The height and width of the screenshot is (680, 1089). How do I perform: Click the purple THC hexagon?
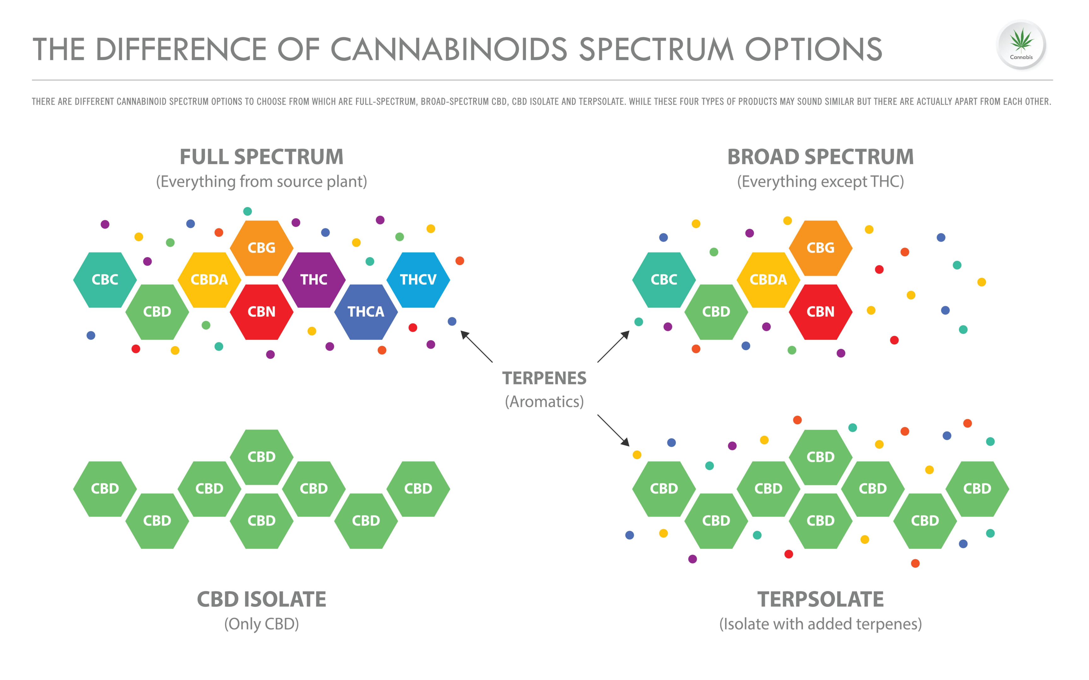click(x=314, y=280)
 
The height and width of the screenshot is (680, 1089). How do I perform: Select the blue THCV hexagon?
click(x=418, y=280)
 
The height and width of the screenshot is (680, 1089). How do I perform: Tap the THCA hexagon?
click(x=366, y=312)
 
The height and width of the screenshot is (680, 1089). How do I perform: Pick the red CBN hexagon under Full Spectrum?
click(x=262, y=312)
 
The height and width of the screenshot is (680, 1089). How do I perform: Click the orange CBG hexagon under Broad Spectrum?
click(x=820, y=248)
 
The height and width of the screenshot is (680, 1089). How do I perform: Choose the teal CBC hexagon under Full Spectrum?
click(x=105, y=280)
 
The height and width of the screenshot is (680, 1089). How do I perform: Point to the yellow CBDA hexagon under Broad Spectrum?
click(x=768, y=280)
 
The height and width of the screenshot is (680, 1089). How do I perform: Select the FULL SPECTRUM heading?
click(x=262, y=157)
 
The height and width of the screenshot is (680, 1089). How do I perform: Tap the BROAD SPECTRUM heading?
click(x=820, y=157)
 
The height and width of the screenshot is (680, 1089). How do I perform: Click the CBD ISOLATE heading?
click(x=262, y=599)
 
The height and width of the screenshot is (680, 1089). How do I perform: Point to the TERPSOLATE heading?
click(x=820, y=599)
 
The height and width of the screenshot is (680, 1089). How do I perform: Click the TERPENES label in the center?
click(x=544, y=378)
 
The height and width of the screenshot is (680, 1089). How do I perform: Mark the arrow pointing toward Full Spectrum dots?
click(x=476, y=346)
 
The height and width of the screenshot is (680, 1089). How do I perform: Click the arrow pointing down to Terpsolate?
click(x=613, y=430)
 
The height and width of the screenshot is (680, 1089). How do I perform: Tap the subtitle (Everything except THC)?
click(x=820, y=182)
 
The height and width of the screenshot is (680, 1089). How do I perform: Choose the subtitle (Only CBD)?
click(x=262, y=624)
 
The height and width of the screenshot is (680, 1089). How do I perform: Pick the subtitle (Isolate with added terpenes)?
click(x=820, y=624)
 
